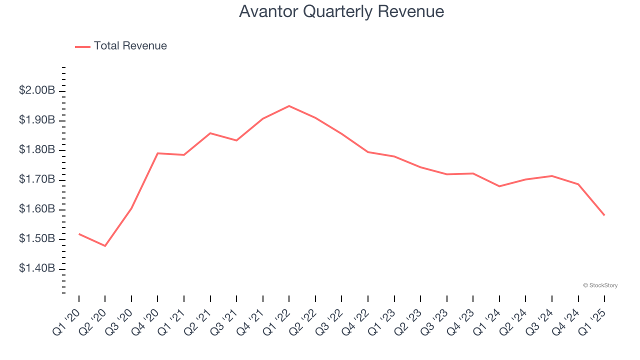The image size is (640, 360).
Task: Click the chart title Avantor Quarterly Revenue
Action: point(341,11)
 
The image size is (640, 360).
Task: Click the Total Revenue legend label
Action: point(130,46)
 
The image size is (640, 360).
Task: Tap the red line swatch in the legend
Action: point(82,46)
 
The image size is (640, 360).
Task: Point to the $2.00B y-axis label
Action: point(37,90)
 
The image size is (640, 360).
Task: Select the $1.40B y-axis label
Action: point(37,268)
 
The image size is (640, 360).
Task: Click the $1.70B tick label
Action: point(37,179)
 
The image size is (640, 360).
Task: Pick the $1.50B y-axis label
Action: point(37,239)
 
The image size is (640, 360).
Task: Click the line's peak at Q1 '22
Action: point(289,106)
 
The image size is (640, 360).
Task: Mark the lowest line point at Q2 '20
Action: point(105,246)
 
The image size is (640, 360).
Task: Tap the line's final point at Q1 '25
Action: point(604,215)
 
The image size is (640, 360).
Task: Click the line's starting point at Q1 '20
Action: point(79,234)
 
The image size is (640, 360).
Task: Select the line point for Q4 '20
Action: point(157,153)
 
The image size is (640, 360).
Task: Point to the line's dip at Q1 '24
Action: point(499,186)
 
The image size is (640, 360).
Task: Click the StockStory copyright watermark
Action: point(600,285)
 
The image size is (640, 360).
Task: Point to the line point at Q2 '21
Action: point(210,133)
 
